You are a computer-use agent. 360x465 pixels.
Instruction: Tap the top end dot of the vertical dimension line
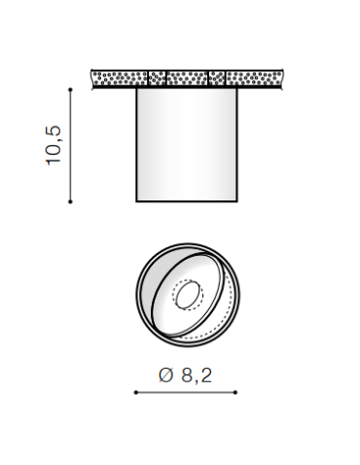coord(70,89)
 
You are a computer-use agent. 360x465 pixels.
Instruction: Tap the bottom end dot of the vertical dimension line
coord(70,201)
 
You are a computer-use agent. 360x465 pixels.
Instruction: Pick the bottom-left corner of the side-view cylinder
coord(136,201)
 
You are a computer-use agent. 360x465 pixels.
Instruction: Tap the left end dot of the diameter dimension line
coord(135,393)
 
